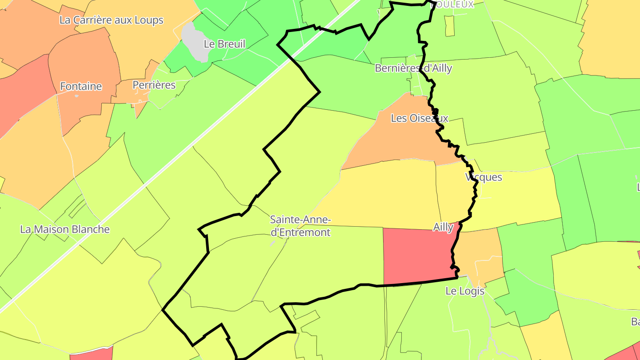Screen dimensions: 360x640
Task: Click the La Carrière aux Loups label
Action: [x=112, y=20]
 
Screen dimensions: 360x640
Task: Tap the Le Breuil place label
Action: [x=224, y=44]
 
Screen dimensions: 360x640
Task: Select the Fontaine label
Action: [x=81, y=86]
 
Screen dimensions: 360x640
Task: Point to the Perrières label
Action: [x=154, y=85]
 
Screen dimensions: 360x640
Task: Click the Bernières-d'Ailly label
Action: [x=413, y=68]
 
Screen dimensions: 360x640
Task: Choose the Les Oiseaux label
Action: [x=420, y=118]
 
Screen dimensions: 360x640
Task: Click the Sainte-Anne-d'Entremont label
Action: [x=300, y=226]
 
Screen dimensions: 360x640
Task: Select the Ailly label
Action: [x=443, y=227]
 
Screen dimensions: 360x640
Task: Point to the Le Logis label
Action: [x=464, y=291]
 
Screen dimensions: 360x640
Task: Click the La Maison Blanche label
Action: [x=65, y=229]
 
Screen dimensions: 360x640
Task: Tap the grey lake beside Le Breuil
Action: [x=196, y=42]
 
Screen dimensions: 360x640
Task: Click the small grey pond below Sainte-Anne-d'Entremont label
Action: [x=272, y=244]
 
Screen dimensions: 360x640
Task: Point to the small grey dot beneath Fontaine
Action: [x=76, y=96]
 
